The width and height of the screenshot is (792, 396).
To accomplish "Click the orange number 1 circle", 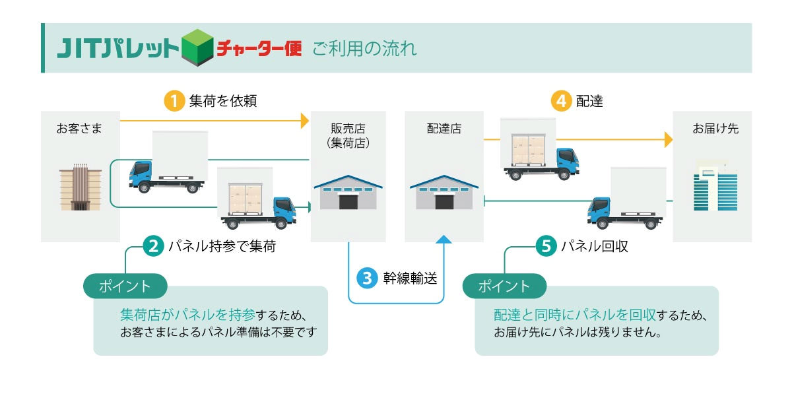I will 174,102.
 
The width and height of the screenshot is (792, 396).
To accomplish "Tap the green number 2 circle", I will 153,247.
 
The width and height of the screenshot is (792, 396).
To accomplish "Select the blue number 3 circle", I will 366,277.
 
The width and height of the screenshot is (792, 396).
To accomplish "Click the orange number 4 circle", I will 560,102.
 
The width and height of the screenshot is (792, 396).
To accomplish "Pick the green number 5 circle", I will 546,247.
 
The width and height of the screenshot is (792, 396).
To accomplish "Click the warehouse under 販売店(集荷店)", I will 348,193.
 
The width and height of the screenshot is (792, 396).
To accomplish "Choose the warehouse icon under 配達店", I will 444,193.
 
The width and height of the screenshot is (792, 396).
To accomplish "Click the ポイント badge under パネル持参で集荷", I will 125,286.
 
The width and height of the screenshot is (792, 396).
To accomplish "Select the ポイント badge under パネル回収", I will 504,286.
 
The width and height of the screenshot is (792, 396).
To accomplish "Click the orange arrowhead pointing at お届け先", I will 668,139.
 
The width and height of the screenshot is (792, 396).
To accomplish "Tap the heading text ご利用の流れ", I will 365,49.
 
